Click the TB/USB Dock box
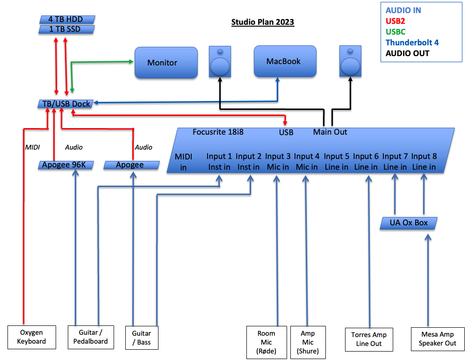point(65,104)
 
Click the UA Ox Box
point(409,223)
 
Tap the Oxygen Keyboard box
point(32,337)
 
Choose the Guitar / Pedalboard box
point(91,337)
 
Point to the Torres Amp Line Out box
point(369,339)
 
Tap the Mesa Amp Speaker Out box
point(437,339)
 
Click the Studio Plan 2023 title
point(263,22)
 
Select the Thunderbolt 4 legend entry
point(412,43)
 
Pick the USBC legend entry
point(396,32)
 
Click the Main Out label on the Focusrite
point(330,132)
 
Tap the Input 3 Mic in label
point(278,161)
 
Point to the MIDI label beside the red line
point(32,147)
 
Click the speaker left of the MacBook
point(219,62)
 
